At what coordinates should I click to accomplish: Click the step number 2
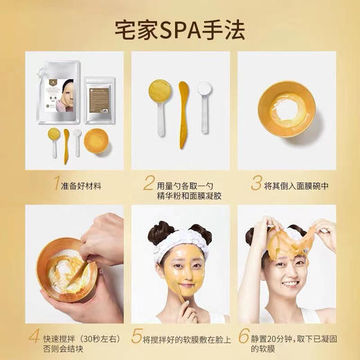pyautogui.click(x=147, y=183)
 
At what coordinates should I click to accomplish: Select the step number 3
pyautogui.click(x=256, y=183)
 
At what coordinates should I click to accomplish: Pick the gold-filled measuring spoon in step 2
pyautogui.click(x=158, y=93)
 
